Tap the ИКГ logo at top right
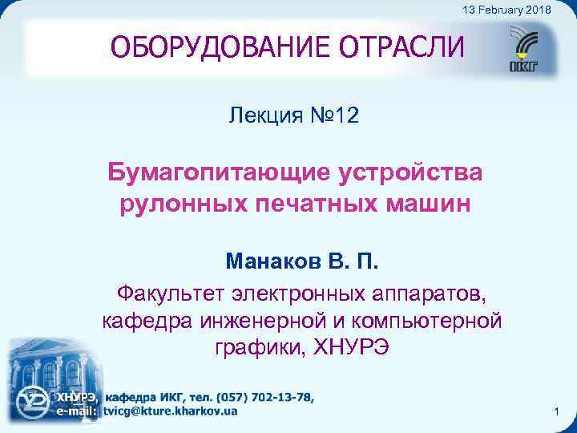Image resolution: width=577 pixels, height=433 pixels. pyautogui.click(x=531, y=50)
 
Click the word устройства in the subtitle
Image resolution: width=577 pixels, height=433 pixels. pyautogui.click(x=415, y=172)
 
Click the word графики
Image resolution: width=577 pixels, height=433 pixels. pyautogui.click(x=258, y=349)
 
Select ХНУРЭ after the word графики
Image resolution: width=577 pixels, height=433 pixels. pyautogui.click(x=350, y=349)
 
